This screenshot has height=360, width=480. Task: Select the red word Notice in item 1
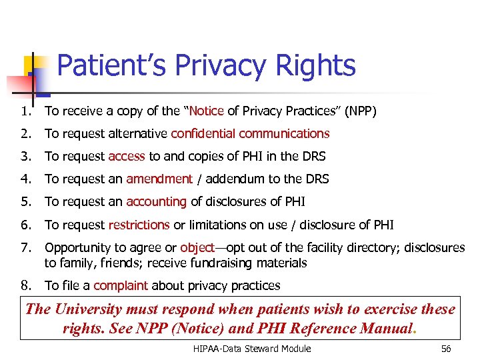click(206, 111)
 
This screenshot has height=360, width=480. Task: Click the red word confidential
click(203, 133)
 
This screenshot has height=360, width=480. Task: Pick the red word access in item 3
click(127, 156)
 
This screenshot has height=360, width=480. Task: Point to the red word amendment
click(159, 179)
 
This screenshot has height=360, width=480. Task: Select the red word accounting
click(157, 202)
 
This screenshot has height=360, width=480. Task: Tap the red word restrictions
click(139, 225)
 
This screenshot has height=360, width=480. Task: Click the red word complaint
click(121, 285)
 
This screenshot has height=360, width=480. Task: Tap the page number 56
click(446, 349)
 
